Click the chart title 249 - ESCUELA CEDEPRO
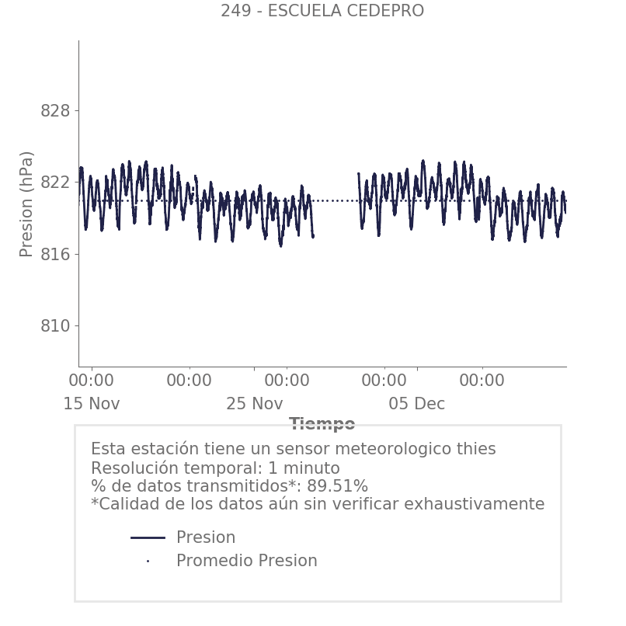tap(322, 11)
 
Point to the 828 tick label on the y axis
tap(55, 111)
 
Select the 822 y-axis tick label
tap(55, 183)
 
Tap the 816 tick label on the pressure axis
tap(55, 255)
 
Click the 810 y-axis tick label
tap(55, 326)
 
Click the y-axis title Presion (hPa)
tap(27, 203)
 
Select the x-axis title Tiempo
tap(322, 424)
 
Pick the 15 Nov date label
tap(92, 404)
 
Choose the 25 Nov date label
tap(255, 404)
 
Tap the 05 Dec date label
tap(417, 404)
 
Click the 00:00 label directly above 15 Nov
tap(92, 381)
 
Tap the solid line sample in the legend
tap(148, 537)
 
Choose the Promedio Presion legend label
tap(246, 561)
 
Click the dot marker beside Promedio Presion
tap(148, 561)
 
